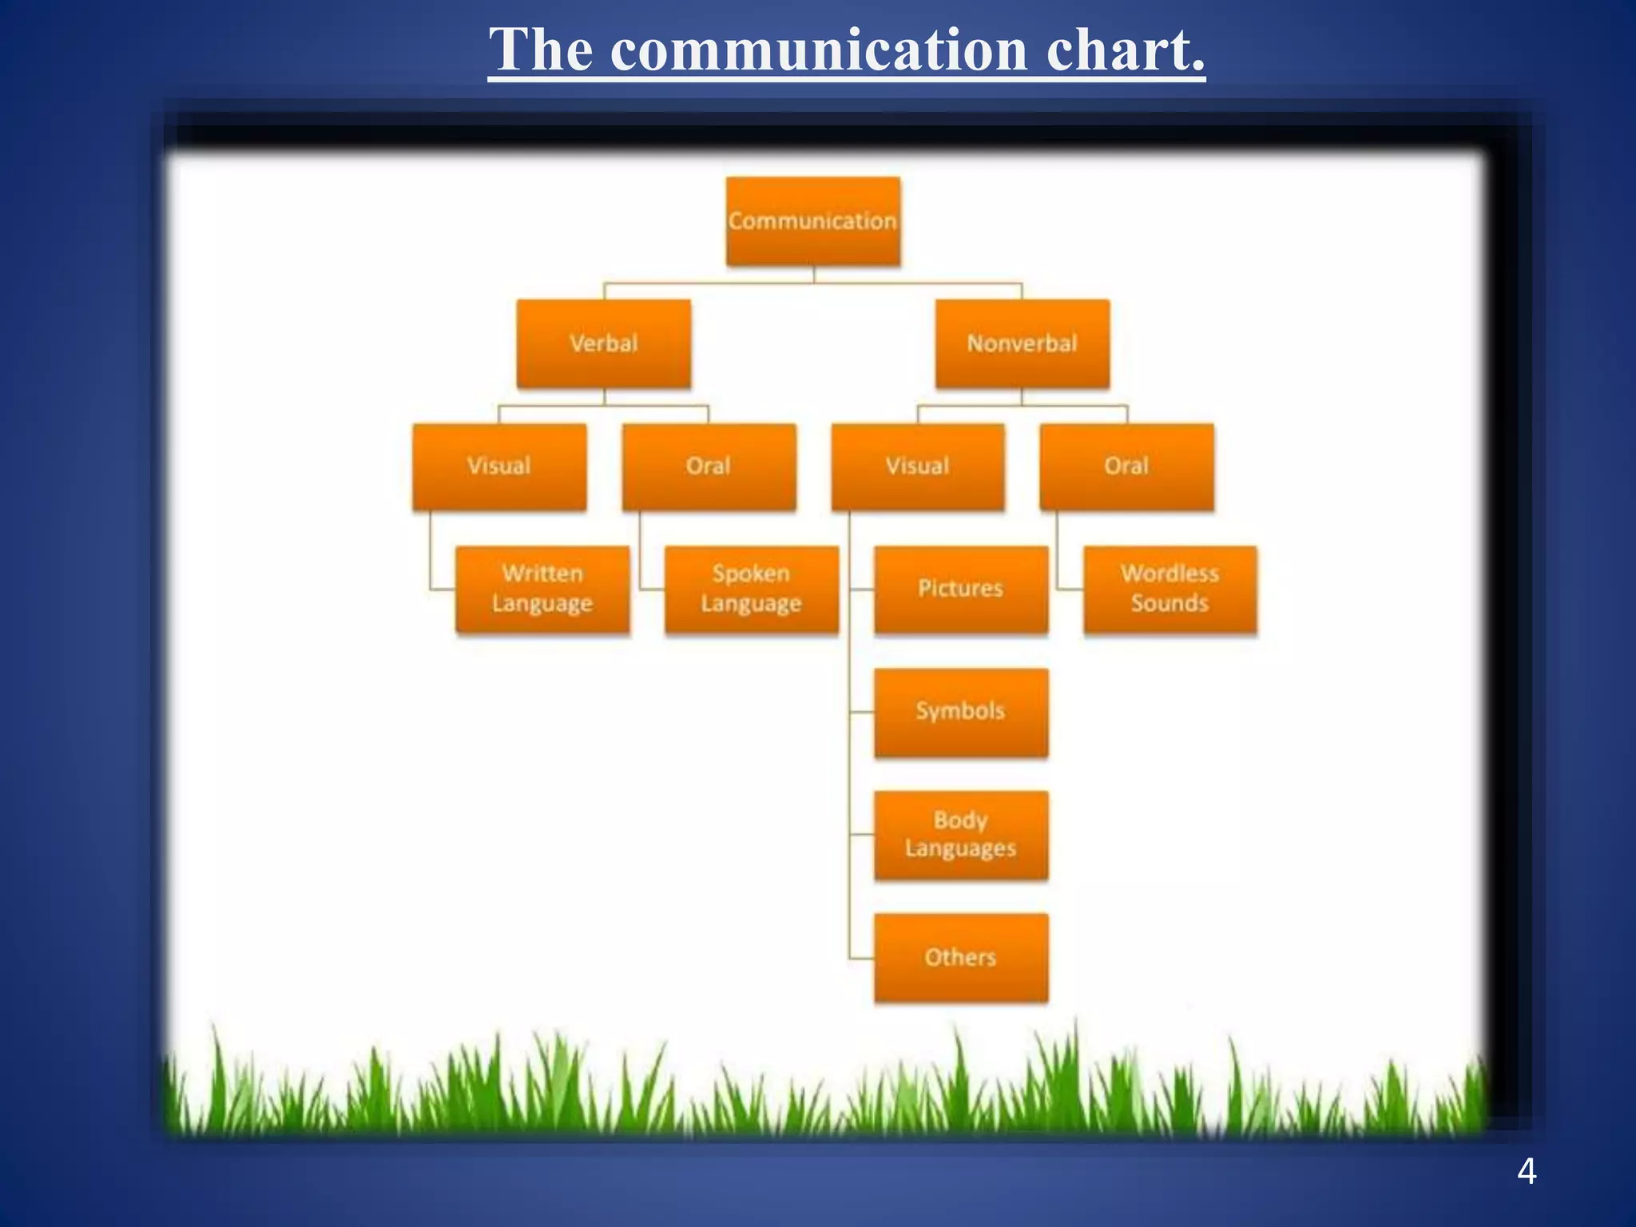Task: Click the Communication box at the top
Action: [x=812, y=221]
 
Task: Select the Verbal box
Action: [x=603, y=344]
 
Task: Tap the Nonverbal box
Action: [x=1022, y=344]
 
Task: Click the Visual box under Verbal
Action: [x=499, y=467]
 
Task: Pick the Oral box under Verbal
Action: [x=709, y=467]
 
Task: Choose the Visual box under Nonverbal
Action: [x=918, y=467]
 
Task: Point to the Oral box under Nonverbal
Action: [x=1126, y=467]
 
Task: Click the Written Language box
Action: [x=542, y=590]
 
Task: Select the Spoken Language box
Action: [x=751, y=590]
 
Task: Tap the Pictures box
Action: [x=960, y=590]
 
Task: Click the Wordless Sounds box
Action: [x=1169, y=590]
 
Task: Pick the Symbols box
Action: [x=960, y=712]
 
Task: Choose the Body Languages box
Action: [x=960, y=835]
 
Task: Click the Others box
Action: [x=960, y=957]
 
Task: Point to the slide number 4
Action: [x=1527, y=1171]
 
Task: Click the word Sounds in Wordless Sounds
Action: [x=1169, y=604]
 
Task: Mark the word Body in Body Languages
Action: [x=960, y=820]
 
